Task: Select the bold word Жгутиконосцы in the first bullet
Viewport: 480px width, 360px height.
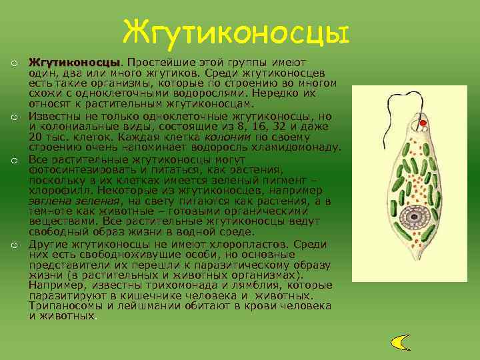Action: point(75,62)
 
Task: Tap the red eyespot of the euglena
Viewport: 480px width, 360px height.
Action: point(422,124)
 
